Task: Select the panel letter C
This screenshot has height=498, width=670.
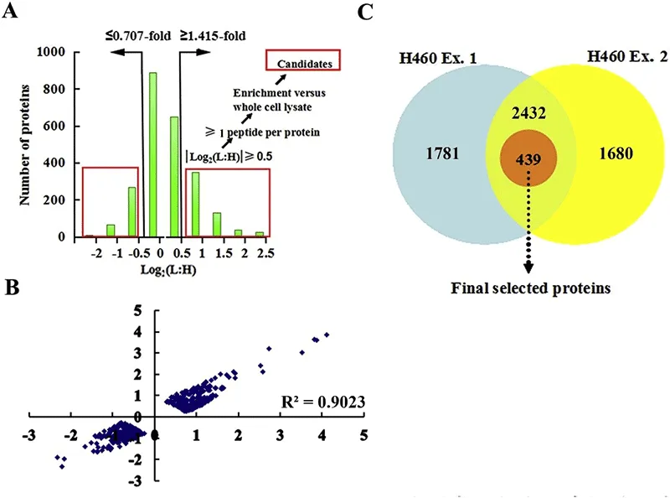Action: pos(362,12)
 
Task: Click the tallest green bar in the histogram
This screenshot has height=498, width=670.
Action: pos(152,155)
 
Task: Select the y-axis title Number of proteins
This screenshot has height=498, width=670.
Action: pos(25,144)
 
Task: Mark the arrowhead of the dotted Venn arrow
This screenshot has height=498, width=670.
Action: pos(528,267)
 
